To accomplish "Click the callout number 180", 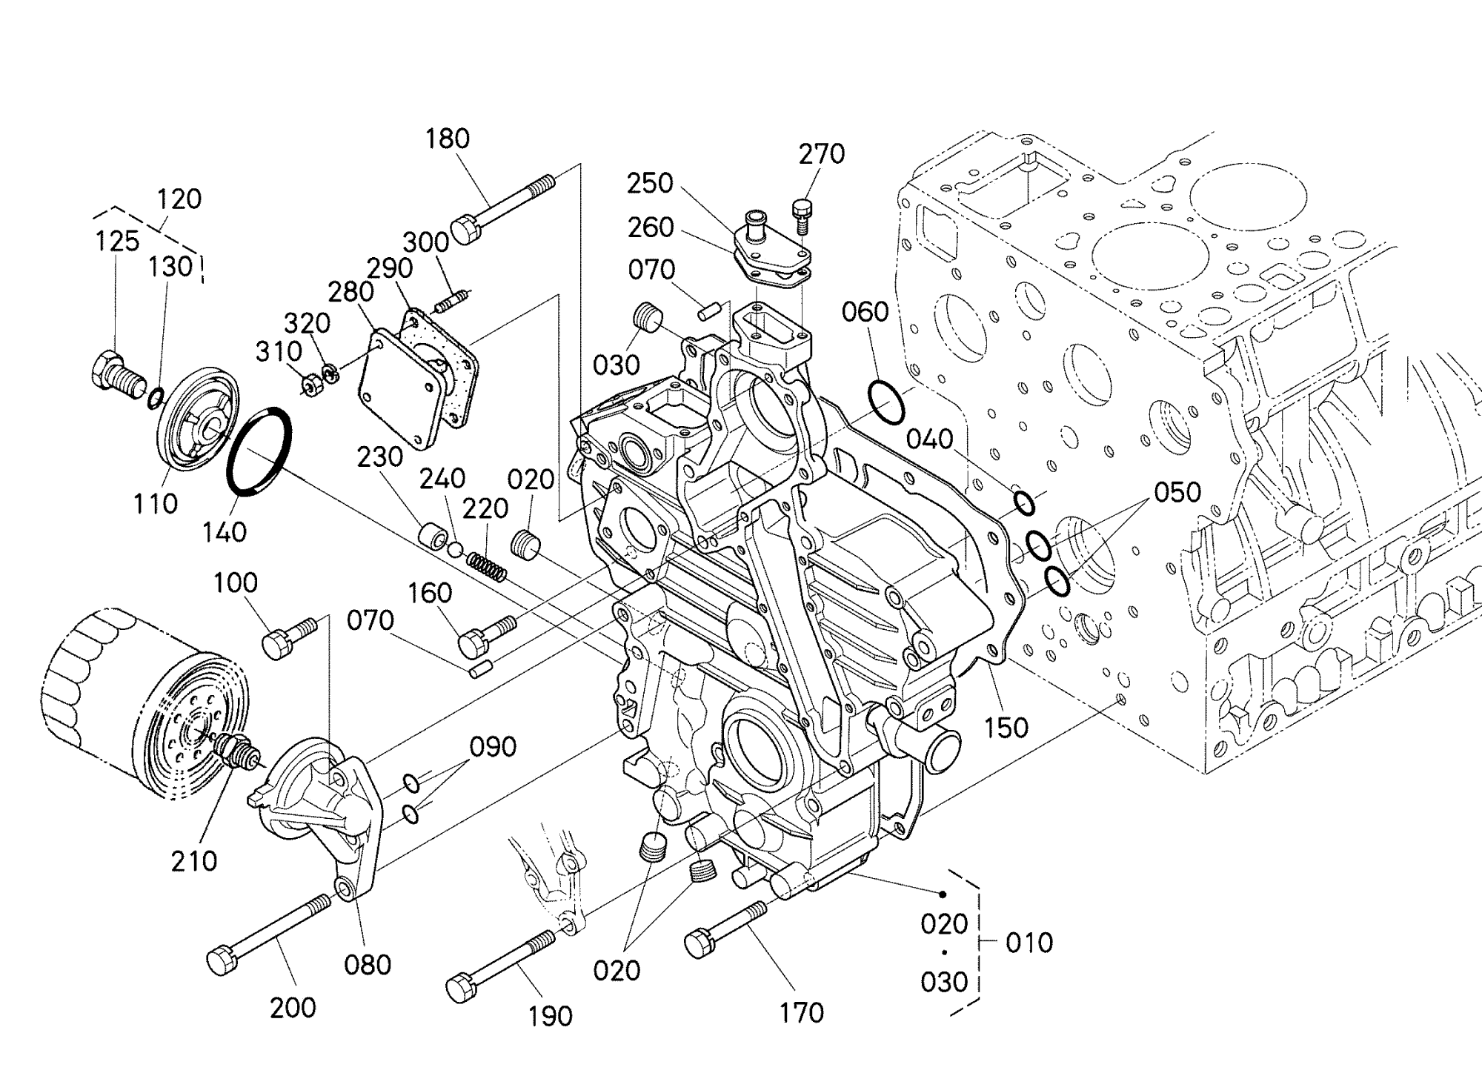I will (448, 139).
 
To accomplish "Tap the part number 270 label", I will (821, 154).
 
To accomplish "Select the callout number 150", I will (1006, 727).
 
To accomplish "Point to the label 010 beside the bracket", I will (1029, 943).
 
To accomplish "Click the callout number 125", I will (117, 241).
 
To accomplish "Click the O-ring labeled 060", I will (886, 402).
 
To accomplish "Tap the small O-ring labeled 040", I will (1024, 503).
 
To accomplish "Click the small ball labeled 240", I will (456, 549).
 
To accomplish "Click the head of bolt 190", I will (460, 988).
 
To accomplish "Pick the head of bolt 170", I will (699, 943).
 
